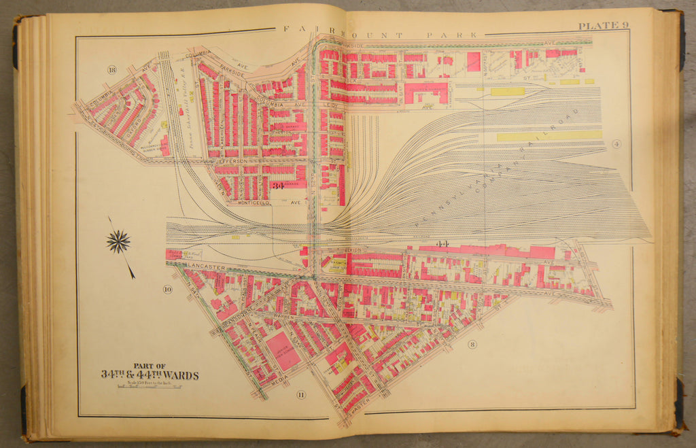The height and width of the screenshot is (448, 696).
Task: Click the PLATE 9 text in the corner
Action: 603,26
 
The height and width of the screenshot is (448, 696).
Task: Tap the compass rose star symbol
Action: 119,241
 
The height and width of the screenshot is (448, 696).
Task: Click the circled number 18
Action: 111,68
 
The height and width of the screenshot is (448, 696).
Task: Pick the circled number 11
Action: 300,394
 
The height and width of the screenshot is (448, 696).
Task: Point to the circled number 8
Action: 472,345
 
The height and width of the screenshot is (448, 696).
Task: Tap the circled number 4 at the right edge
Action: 614,143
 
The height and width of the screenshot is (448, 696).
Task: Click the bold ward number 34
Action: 277,186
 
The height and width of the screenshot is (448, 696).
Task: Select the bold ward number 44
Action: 443,243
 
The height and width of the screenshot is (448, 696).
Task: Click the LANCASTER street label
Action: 208,267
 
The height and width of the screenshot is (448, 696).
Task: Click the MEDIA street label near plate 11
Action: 279,382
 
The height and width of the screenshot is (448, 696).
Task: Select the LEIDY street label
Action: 332,105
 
